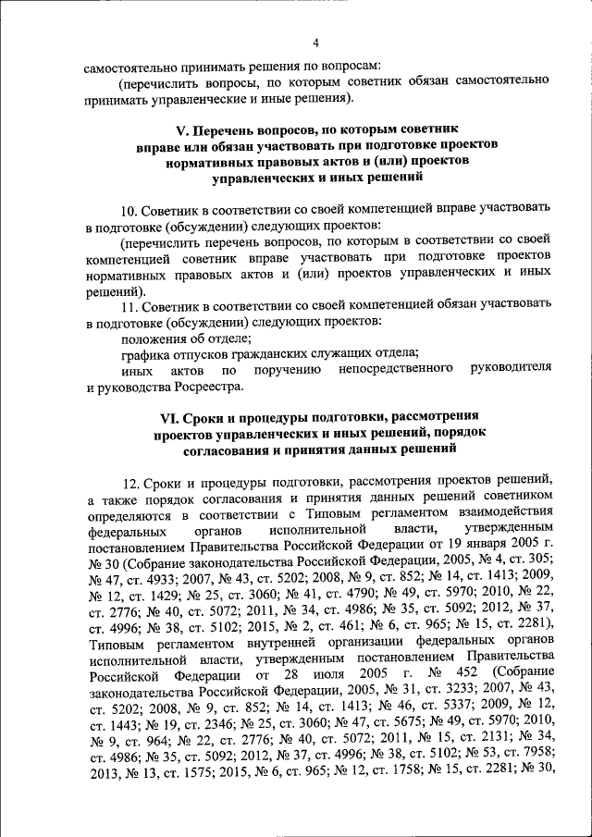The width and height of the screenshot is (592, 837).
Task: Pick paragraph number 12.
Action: point(130,481)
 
